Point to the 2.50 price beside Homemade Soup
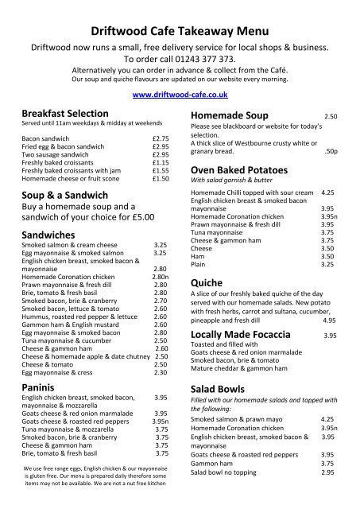pos(330,116)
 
